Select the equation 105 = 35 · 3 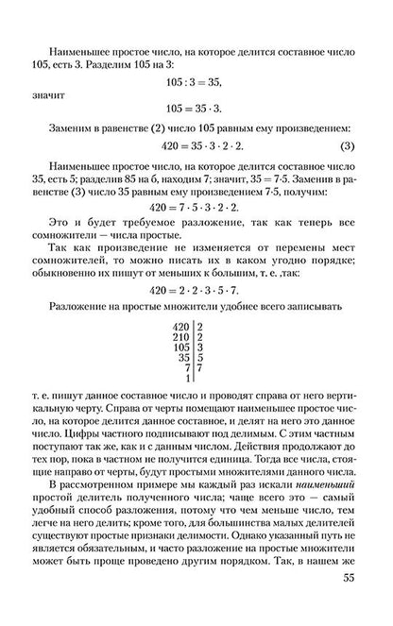coord(196,108)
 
